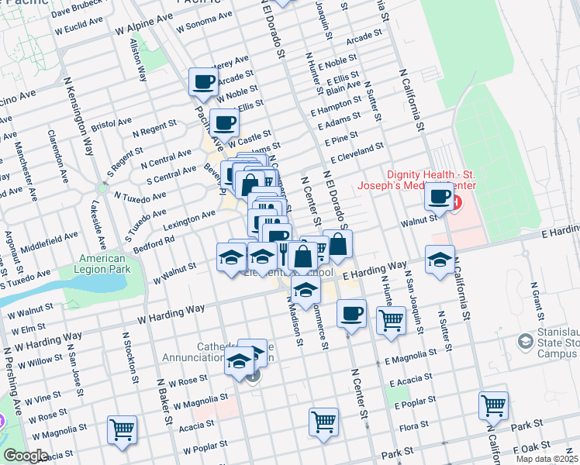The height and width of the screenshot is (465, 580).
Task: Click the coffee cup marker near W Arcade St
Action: (x=203, y=81)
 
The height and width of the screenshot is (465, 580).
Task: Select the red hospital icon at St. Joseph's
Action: (x=456, y=204)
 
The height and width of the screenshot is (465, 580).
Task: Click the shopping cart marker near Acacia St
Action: (x=123, y=429)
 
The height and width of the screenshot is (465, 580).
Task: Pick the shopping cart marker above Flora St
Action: (x=323, y=422)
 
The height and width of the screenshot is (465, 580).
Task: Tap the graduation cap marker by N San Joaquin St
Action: (x=440, y=259)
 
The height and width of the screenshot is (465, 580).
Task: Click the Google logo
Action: (x=25, y=456)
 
